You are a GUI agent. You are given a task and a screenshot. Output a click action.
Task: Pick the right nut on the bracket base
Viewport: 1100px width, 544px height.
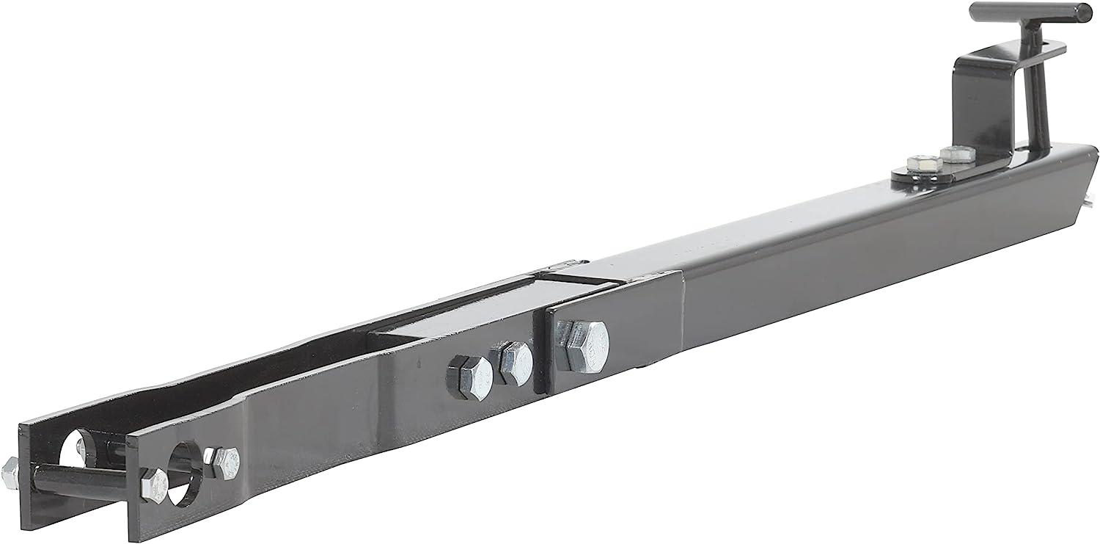click(x=957, y=154)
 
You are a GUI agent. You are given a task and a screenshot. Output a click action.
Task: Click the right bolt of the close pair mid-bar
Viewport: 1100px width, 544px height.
click(x=515, y=362)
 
